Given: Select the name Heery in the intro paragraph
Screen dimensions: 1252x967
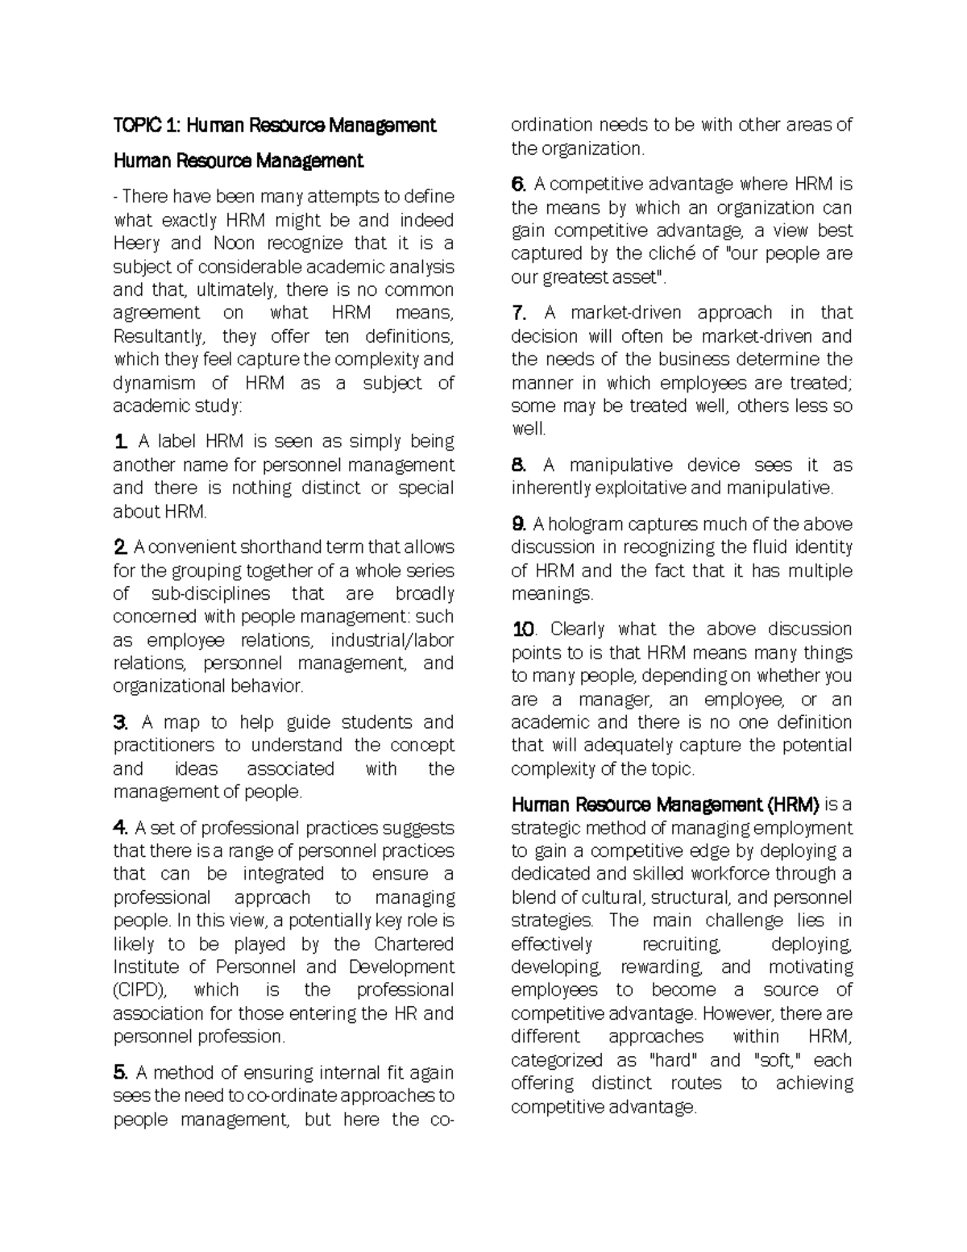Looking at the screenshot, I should click(x=136, y=243).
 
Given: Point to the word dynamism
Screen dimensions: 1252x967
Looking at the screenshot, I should click(x=154, y=383).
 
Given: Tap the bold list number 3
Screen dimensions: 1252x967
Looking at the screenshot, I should click(x=120, y=722).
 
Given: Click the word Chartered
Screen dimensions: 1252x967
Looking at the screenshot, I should click(x=414, y=944).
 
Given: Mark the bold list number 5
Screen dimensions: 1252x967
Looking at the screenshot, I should click(x=120, y=1073).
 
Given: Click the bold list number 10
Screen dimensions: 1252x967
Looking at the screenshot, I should click(x=523, y=630).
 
